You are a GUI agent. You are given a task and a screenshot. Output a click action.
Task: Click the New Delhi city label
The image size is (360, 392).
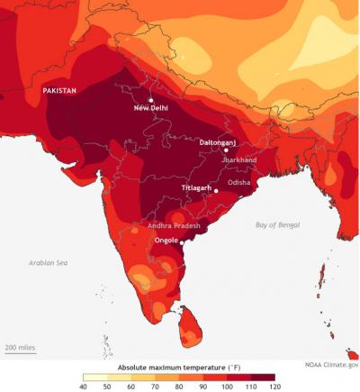pyautogui.click(x=152, y=109)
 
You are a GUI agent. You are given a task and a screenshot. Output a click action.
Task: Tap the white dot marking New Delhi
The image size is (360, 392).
pyautogui.click(x=151, y=99)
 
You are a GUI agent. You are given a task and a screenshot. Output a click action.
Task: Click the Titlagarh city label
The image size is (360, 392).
pyautogui.click(x=198, y=187)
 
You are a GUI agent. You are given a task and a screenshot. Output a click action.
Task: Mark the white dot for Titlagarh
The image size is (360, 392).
pyautogui.click(x=216, y=191)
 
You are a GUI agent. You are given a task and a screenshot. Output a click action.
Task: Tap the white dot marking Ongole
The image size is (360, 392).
pyautogui.click(x=182, y=242)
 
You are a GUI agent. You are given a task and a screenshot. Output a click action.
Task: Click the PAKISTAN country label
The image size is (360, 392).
pyautogui.click(x=59, y=91)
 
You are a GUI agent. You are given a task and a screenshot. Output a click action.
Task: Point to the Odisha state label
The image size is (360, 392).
pyautogui.click(x=239, y=182)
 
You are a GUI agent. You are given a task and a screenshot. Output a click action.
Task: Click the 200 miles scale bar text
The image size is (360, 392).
pyautogui.click(x=20, y=346)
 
